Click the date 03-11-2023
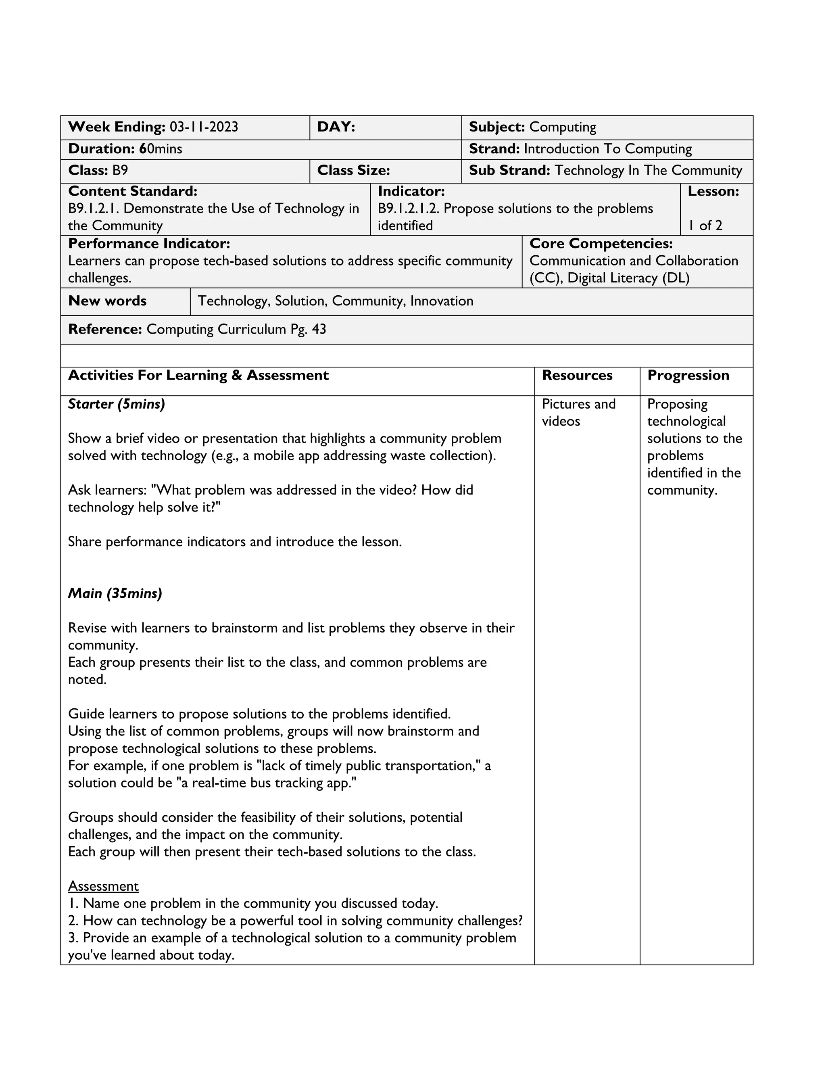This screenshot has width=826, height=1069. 204,127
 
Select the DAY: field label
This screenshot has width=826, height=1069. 336,127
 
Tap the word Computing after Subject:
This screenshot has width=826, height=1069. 563,127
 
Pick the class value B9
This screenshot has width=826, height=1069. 120,170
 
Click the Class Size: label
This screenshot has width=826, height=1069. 353,170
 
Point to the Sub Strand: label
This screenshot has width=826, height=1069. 509,170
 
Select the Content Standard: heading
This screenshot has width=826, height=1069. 133,191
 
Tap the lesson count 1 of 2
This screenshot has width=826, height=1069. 705,225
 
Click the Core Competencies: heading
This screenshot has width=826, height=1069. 601,244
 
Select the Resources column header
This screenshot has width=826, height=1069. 577,376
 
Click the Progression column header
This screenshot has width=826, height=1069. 688,376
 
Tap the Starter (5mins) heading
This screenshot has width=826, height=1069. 117,404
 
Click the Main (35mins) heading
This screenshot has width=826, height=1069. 115,594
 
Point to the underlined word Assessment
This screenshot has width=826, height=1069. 103,886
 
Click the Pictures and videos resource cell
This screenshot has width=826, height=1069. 578,413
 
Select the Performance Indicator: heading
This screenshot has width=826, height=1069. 149,244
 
